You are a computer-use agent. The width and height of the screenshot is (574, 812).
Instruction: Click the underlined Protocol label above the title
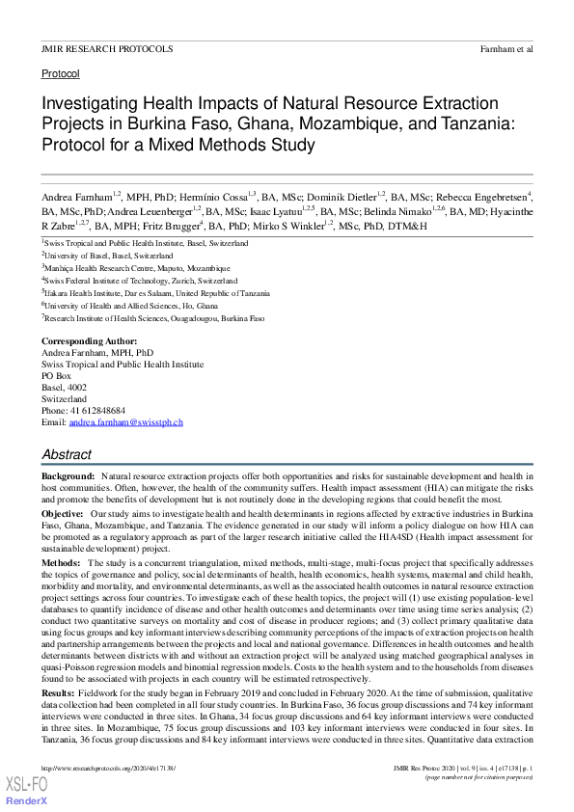click(x=60, y=73)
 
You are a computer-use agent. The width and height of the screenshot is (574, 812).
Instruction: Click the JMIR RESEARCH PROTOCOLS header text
click(x=107, y=48)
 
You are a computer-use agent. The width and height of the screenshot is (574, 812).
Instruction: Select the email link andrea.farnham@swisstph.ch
click(x=125, y=422)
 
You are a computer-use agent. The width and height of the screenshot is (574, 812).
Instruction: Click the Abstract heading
click(x=67, y=454)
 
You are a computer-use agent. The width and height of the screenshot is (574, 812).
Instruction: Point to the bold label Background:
click(x=68, y=477)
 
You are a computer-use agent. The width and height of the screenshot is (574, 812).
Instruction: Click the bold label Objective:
click(x=63, y=515)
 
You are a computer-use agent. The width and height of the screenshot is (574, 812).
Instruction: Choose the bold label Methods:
click(x=61, y=561)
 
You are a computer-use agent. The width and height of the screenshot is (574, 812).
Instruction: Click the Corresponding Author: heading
click(x=89, y=341)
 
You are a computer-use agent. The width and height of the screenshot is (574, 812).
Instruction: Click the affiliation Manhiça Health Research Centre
click(x=138, y=268)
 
